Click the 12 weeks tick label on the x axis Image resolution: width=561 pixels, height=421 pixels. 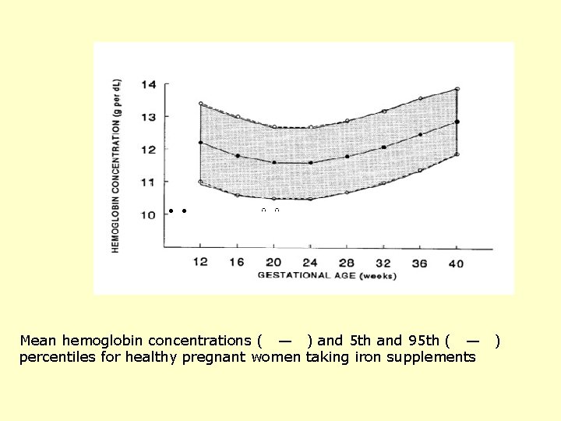pos(200,262)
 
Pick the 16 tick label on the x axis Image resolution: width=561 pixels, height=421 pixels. pos(237,262)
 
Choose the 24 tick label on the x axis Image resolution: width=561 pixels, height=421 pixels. pos(310,263)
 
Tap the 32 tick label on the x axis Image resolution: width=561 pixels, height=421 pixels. pos(383,263)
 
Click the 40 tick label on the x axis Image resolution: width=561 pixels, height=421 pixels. pos(456,264)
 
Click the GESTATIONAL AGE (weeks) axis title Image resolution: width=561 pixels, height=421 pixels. pos(327,275)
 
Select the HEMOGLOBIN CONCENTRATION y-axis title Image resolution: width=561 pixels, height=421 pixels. pos(115,165)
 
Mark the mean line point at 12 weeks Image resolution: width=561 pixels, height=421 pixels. pos(200,143)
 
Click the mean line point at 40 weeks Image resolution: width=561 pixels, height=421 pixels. pos(457,122)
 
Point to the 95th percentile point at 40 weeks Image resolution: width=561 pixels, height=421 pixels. pos(457,90)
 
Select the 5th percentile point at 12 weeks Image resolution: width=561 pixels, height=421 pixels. pos(200,182)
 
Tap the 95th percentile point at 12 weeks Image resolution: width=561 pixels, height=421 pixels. pos(200,103)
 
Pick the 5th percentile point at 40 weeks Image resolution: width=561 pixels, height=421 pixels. pos(457,154)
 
